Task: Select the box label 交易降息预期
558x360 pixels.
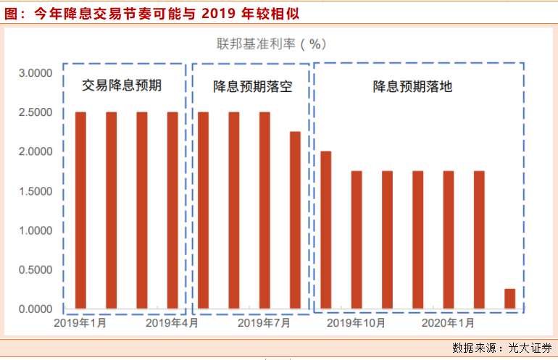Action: (122, 86)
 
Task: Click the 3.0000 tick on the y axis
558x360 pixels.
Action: (35, 73)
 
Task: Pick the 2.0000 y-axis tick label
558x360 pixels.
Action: (35, 152)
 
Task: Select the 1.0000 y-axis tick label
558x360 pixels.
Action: (35, 231)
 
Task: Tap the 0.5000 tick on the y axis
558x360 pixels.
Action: (35, 270)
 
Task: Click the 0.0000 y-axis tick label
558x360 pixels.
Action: (35, 309)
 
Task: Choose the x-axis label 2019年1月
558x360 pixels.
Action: (80, 323)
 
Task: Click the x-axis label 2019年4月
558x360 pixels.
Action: (172, 323)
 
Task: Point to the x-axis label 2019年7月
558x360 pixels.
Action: (264, 323)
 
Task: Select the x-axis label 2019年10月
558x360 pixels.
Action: (356, 323)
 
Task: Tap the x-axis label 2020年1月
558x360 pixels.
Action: (449, 323)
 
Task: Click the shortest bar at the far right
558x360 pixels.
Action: (509, 298)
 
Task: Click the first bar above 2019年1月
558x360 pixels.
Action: (80, 210)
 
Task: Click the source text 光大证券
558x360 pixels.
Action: (530, 348)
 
